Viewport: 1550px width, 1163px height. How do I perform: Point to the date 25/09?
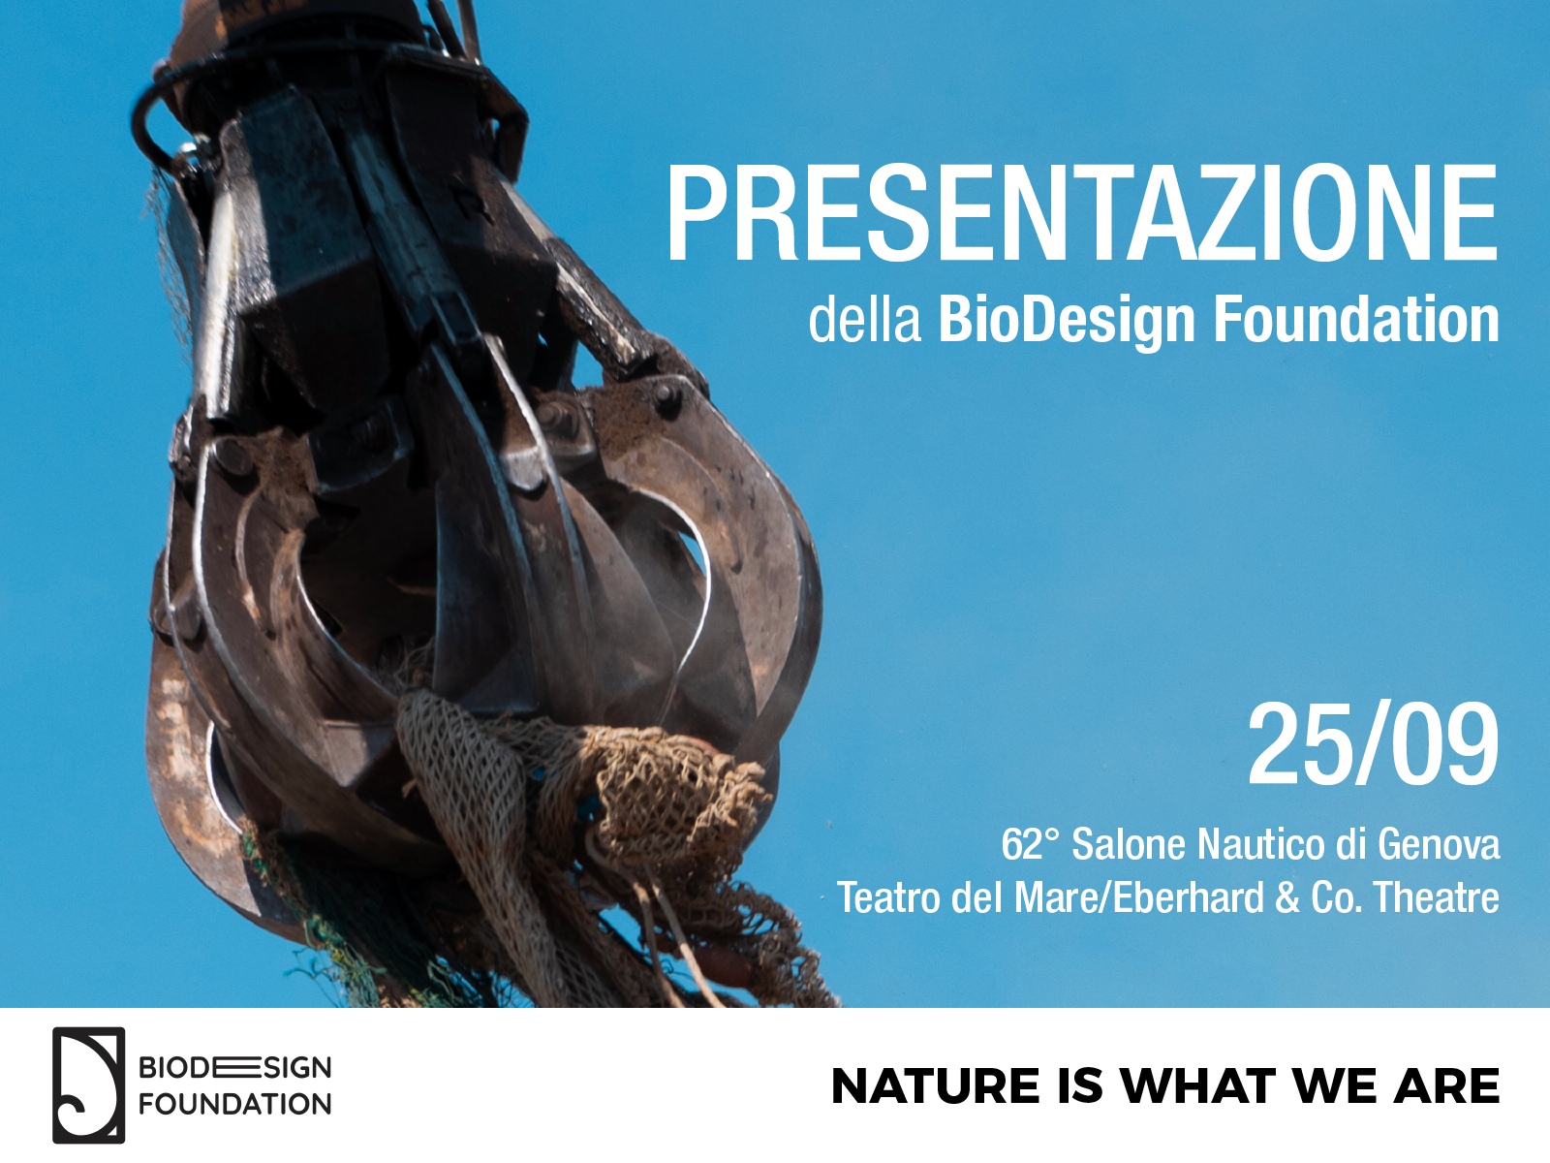coord(1374,744)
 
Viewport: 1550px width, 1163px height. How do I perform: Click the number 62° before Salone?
coord(1031,844)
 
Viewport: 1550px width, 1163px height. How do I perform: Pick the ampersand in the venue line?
coord(1287,898)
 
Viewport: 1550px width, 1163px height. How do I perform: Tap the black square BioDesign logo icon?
coord(88,1084)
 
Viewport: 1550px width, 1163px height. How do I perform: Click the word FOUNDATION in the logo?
coord(234,1104)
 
